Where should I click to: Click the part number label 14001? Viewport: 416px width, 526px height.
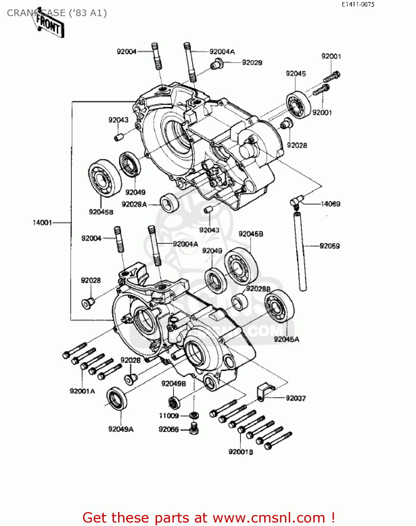[x=42, y=223]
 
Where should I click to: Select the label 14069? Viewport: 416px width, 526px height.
[x=330, y=204]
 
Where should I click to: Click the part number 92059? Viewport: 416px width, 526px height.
[x=329, y=246]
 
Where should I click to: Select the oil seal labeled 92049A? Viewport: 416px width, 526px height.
[x=117, y=399]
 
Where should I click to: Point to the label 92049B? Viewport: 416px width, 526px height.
[x=173, y=384]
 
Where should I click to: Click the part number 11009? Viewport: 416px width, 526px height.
[x=169, y=416]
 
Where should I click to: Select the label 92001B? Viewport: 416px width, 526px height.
[x=240, y=452]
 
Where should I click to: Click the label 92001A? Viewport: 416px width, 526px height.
[x=82, y=391]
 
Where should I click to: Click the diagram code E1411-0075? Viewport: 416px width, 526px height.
[x=358, y=4]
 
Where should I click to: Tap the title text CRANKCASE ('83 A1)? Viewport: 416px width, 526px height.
[x=57, y=13]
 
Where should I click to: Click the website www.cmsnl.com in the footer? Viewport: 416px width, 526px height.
[x=269, y=518]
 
